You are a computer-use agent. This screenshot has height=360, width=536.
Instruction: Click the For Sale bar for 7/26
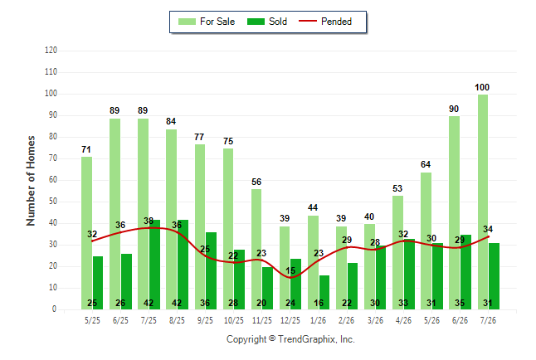click(x=483, y=202)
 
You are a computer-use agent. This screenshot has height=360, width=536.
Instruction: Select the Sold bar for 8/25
click(x=183, y=265)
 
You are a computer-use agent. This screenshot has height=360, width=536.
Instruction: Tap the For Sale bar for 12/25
click(x=285, y=268)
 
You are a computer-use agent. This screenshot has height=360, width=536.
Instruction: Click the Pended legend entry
click(x=325, y=22)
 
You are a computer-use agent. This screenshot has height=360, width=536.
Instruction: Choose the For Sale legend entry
click(x=207, y=22)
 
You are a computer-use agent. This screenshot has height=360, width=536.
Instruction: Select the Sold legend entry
click(x=267, y=22)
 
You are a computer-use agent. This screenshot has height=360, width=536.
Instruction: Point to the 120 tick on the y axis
click(x=51, y=51)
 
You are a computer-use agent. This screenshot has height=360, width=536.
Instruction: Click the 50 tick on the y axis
click(x=52, y=202)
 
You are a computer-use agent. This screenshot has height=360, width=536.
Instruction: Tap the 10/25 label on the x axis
click(x=234, y=320)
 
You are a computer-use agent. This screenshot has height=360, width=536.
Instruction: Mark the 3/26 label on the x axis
click(x=375, y=320)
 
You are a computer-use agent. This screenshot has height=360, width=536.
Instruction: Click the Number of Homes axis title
click(x=31, y=181)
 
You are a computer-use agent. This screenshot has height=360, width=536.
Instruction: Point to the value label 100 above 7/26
click(x=482, y=88)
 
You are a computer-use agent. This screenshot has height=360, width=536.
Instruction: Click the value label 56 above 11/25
click(x=256, y=182)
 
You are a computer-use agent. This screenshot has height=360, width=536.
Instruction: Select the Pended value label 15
click(x=290, y=270)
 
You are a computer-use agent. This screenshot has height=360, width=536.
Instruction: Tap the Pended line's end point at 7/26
click(x=488, y=236)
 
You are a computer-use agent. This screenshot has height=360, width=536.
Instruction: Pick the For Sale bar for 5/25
click(x=87, y=233)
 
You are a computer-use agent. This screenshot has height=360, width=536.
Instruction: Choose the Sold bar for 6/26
click(x=465, y=272)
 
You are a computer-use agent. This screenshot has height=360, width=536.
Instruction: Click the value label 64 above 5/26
click(x=426, y=164)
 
